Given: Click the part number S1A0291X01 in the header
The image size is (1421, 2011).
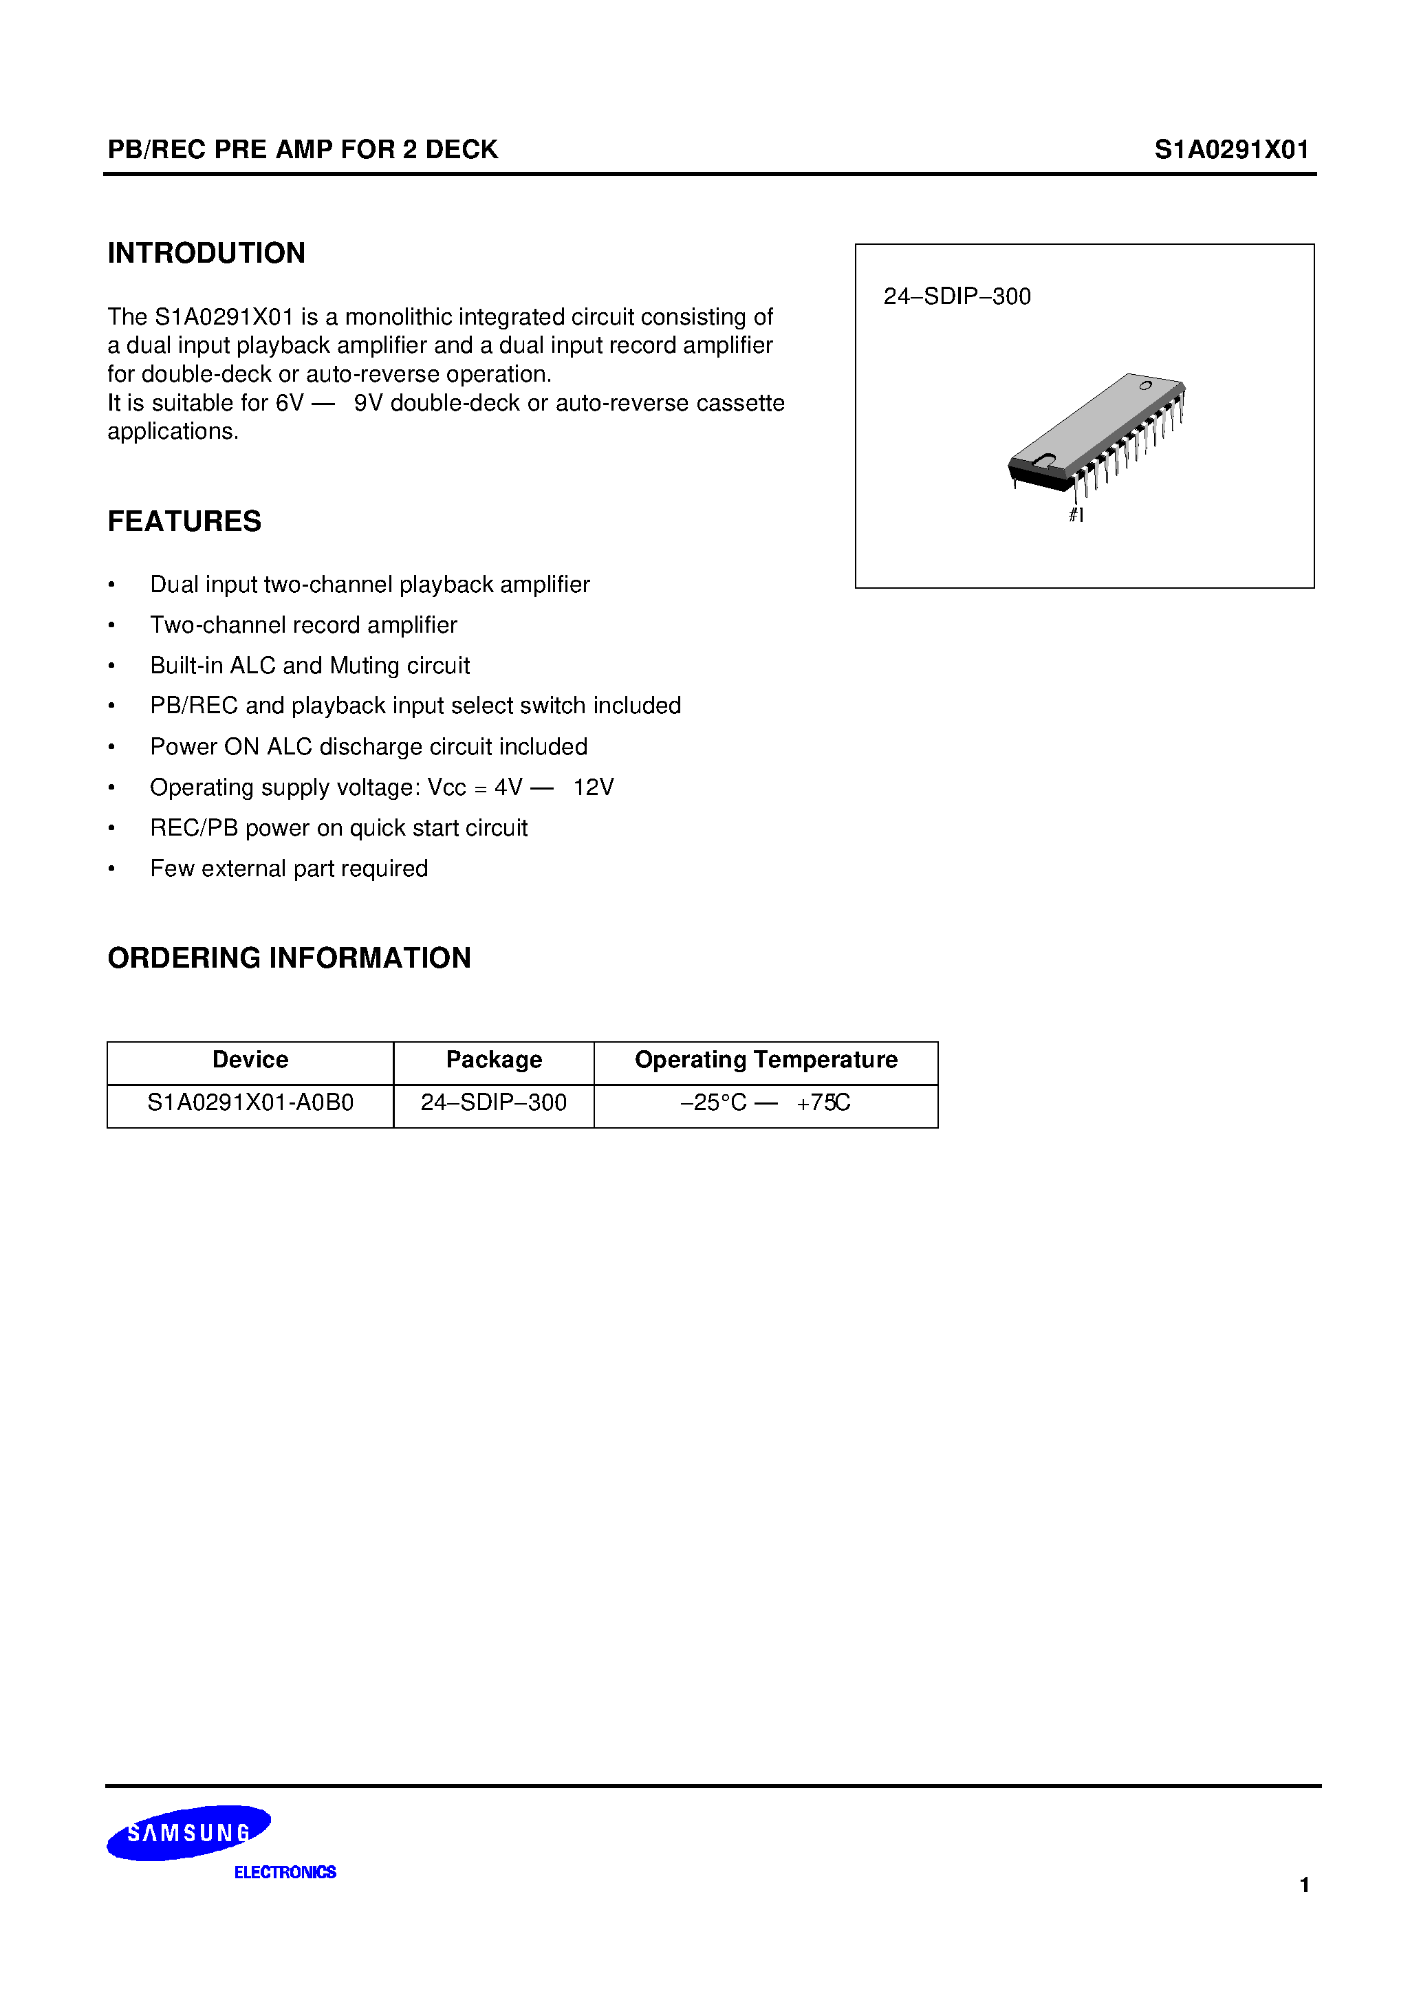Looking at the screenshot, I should click(x=1231, y=150).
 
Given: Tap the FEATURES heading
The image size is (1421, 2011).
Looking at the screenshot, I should click(x=184, y=521).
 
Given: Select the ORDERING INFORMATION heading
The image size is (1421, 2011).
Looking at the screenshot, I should click(x=289, y=958).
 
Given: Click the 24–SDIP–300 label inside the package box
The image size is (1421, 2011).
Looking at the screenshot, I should click(x=957, y=297).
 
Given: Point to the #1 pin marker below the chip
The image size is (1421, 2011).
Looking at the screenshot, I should click(x=1076, y=515).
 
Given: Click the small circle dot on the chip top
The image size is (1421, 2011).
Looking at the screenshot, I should click(x=1145, y=385).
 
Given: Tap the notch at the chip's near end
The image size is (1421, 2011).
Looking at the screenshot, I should click(x=1043, y=460).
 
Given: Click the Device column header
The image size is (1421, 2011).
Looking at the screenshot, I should click(x=250, y=1060).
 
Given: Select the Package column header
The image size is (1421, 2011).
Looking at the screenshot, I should click(x=493, y=1060).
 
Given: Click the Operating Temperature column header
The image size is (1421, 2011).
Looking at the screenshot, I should click(x=766, y=1060).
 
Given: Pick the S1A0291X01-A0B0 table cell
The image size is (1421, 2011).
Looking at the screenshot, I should click(x=250, y=1102).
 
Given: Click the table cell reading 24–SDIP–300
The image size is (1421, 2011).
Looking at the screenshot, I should click(x=493, y=1102).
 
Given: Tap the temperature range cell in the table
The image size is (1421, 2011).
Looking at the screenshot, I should click(x=766, y=1102).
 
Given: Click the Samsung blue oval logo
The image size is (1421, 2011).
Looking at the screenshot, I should click(x=188, y=1832).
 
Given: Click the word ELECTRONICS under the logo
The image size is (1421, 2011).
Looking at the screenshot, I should click(x=285, y=1873).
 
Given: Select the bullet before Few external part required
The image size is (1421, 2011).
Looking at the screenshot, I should click(x=111, y=869).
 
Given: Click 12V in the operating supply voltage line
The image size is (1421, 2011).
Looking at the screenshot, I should click(x=593, y=787).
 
